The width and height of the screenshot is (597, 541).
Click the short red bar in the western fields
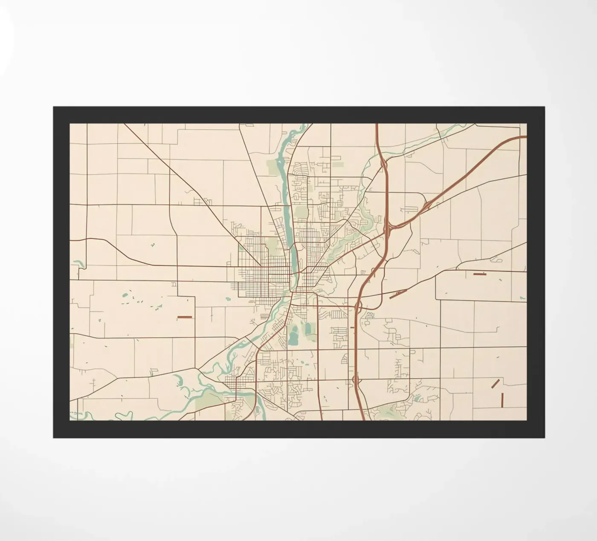click(185, 317)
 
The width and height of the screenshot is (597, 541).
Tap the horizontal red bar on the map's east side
click(480, 274)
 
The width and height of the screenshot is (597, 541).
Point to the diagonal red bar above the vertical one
click(495, 383)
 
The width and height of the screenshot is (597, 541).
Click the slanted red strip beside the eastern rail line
click(395, 294)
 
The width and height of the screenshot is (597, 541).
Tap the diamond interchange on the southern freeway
click(356, 379)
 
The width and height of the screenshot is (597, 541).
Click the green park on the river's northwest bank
click(272, 168)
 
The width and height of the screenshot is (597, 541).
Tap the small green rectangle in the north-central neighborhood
click(338, 164)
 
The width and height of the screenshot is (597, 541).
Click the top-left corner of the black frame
click(53, 107)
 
